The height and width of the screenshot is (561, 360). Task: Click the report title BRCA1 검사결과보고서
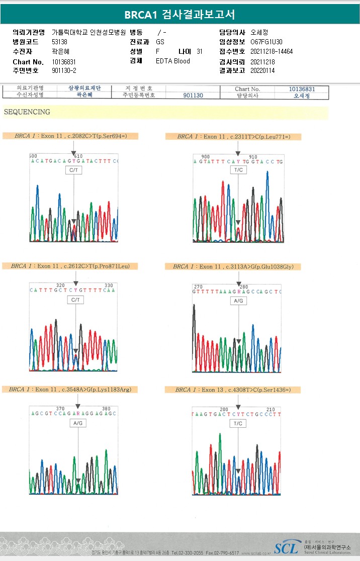tap(179, 15)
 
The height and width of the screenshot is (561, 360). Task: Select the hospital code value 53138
tap(60, 42)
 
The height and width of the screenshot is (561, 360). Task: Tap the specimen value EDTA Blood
tap(173, 61)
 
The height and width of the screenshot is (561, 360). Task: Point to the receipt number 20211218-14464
tap(272, 52)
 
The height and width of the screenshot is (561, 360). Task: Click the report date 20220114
tap(262, 71)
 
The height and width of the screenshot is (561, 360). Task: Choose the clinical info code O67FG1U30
tap(266, 42)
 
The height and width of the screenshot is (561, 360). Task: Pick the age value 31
tap(200, 52)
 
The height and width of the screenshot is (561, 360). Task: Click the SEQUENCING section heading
tap(27, 112)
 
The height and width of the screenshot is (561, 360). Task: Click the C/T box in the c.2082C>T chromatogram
tap(73, 170)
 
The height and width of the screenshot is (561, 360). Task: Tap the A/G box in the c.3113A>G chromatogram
tap(239, 301)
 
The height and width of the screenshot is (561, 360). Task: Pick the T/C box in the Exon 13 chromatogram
tap(238, 424)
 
